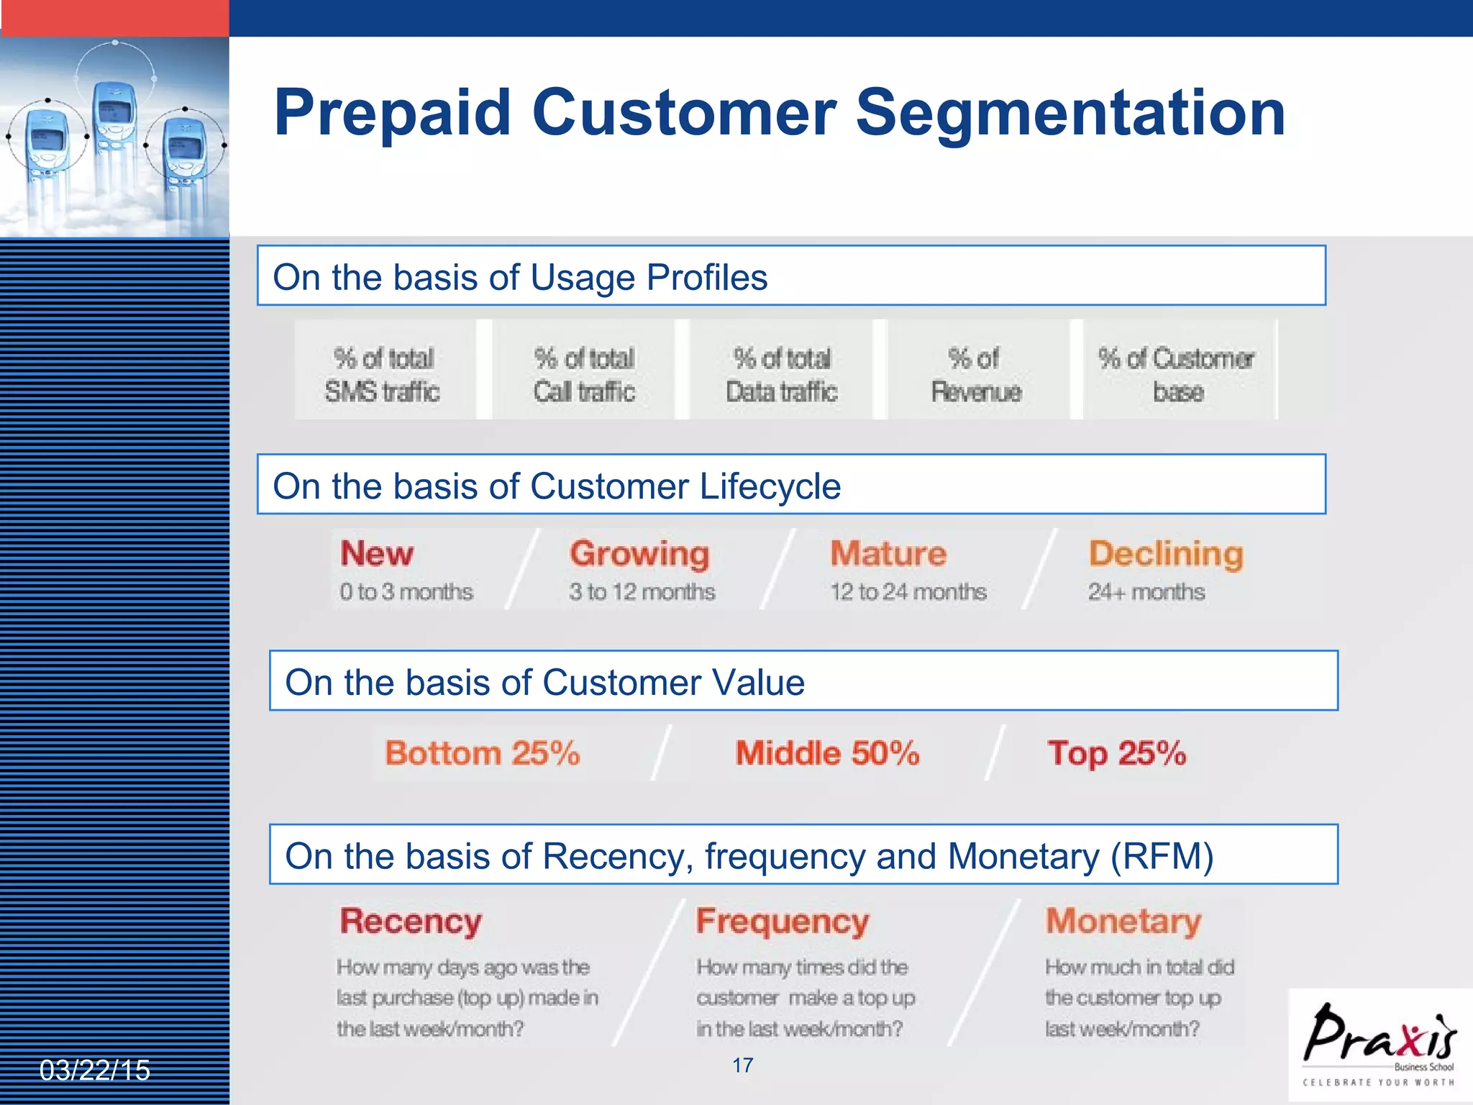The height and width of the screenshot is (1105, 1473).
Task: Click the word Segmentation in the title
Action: point(1070,113)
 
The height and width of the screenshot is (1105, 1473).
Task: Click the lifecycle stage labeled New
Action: point(377,553)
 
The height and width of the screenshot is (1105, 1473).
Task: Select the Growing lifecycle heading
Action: point(639,553)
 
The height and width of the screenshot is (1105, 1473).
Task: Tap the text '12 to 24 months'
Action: point(908,591)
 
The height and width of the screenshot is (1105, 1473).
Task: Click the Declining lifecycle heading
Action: point(1166,553)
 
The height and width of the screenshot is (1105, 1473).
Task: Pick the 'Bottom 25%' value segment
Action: point(483,753)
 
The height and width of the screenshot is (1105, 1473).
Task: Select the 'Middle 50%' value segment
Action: point(827,753)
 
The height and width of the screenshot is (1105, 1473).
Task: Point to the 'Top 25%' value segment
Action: point(1116,753)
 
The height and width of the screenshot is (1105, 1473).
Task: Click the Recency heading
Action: point(411,921)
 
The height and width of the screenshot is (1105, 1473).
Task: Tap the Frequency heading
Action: point(783,921)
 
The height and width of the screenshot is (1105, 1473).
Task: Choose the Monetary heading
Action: point(1123,921)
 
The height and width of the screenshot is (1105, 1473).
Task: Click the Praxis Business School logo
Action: point(1379,1043)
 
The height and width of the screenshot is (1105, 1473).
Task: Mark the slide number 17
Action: point(743,1065)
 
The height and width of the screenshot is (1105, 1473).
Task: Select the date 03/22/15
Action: point(95,1070)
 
